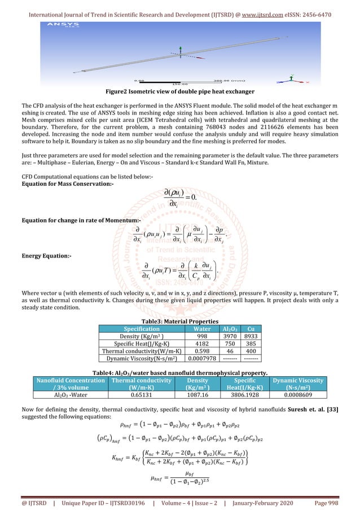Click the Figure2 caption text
(x=180, y=92)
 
